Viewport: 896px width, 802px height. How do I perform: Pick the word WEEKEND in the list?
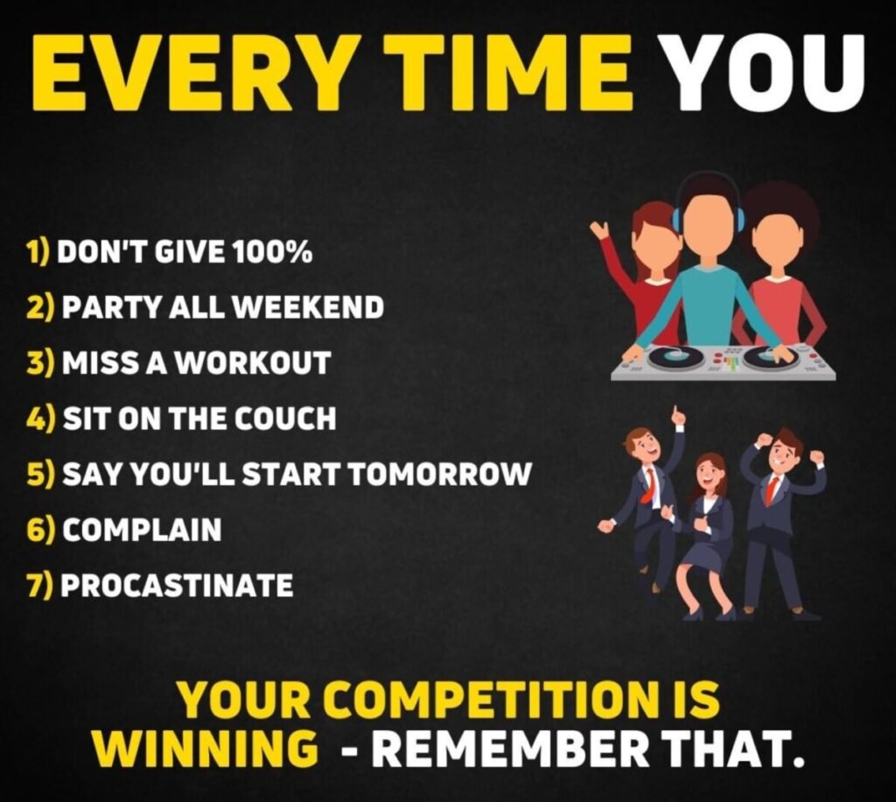[x=309, y=307]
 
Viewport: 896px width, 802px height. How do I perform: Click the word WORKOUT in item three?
[x=253, y=363]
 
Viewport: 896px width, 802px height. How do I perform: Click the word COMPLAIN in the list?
[x=141, y=530]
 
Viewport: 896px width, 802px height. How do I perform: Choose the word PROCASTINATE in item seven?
[x=177, y=586]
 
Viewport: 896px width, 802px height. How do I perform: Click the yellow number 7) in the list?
[x=38, y=586]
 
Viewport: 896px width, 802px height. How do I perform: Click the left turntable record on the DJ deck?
[x=676, y=356]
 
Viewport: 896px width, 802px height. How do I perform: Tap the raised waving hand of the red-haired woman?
[x=598, y=230]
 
